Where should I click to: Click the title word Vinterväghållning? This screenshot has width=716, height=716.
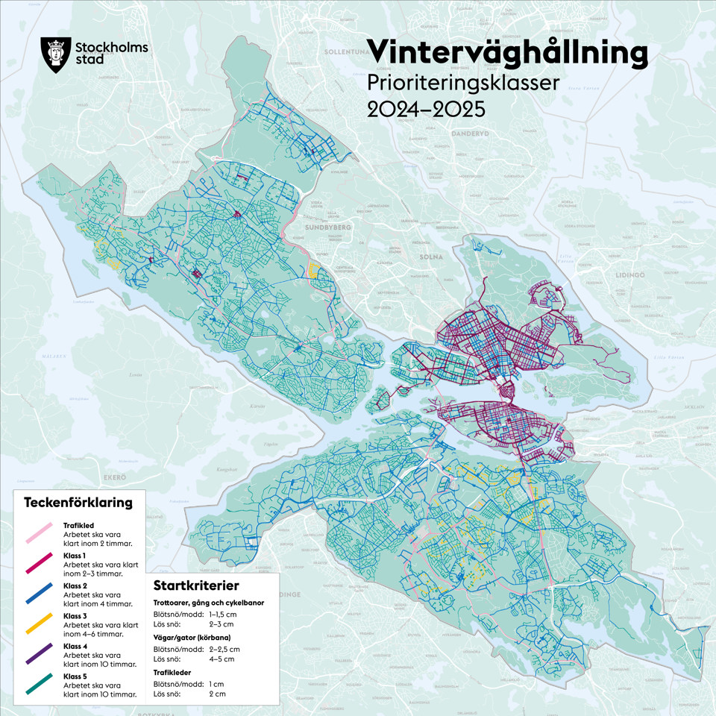(x=507, y=52)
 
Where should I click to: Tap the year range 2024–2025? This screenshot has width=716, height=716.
(x=426, y=109)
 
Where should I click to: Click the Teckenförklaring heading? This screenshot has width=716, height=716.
(x=78, y=502)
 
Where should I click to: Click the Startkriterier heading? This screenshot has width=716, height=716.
(x=196, y=585)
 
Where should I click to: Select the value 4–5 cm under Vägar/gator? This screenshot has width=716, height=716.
(x=222, y=659)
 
